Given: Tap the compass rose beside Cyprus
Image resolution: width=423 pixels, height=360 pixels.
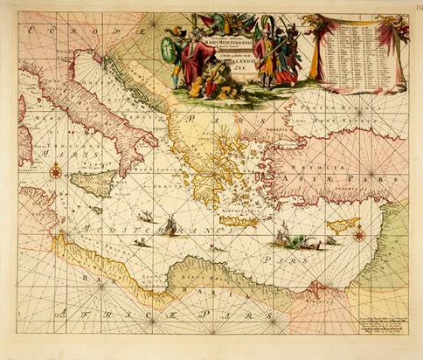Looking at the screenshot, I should pos(357,233).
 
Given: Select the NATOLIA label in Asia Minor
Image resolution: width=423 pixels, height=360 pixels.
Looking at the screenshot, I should pos(329,160).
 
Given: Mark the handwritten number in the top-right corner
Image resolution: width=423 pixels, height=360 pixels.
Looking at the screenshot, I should pos(413,10).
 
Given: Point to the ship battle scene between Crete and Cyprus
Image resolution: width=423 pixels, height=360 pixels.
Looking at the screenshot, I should pos(284,233).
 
